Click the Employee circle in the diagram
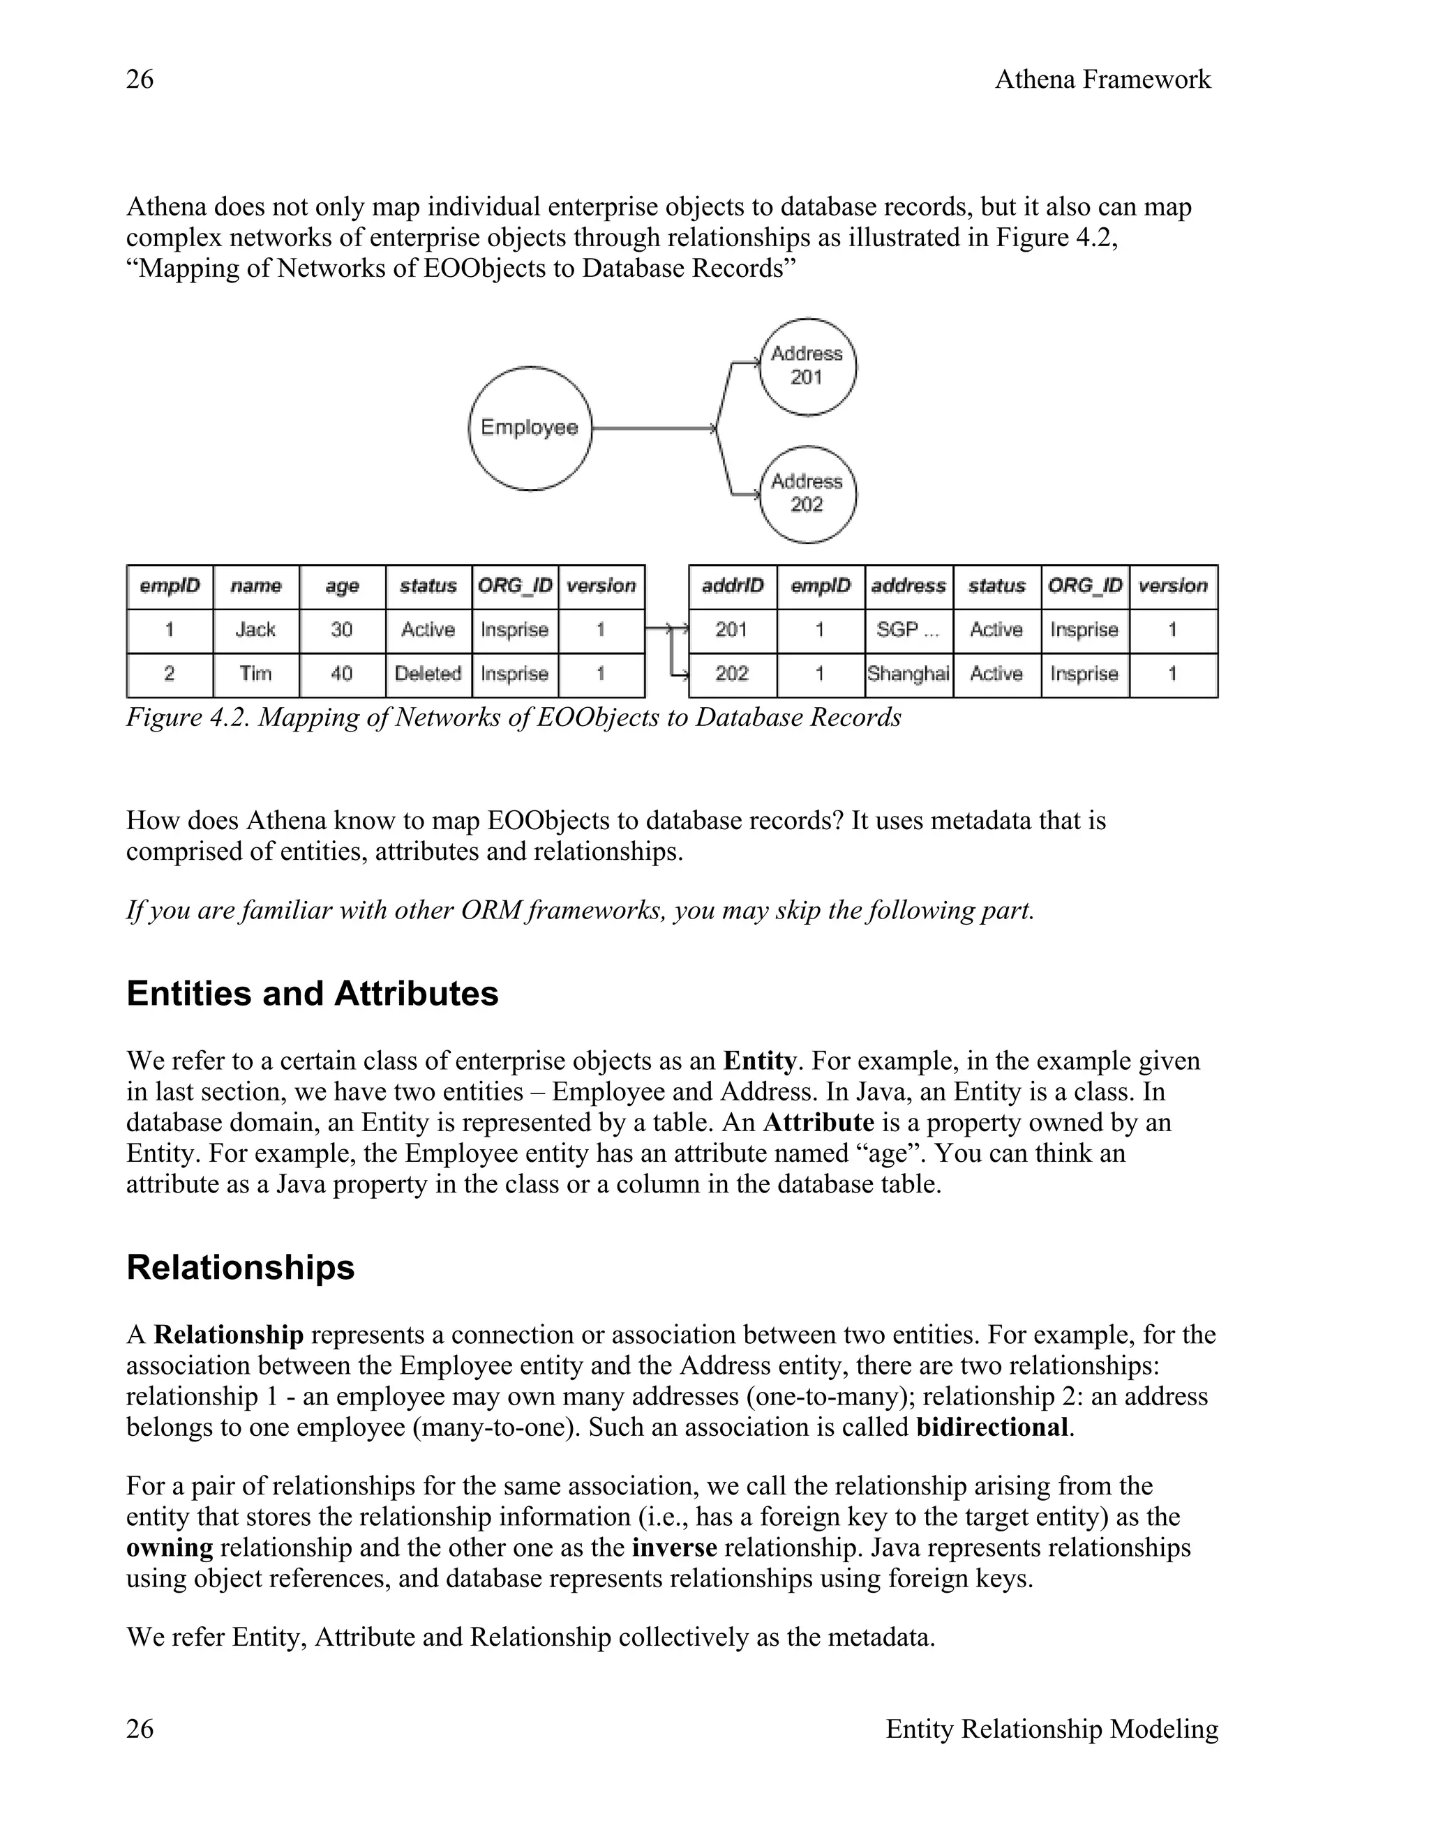[x=530, y=427]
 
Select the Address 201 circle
[x=807, y=365]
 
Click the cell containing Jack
[x=255, y=630]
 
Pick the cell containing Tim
[x=255, y=674]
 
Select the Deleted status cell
[x=428, y=674]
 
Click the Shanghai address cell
[x=908, y=674]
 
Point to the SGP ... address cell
[x=908, y=630]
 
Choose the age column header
[x=342, y=586]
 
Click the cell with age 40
[x=342, y=674]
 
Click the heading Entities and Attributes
[x=313, y=993]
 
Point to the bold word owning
[x=170, y=1547]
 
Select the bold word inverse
[x=675, y=1547]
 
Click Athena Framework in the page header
[x=1102, y=79]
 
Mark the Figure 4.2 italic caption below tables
[x=513, y=718]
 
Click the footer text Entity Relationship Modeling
[x=1052, y=1729]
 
